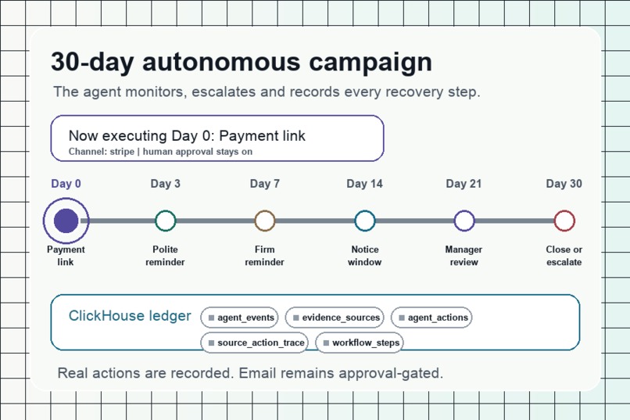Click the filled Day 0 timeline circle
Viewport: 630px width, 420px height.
point(66,221)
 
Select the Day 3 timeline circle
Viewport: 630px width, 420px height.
point(166,221)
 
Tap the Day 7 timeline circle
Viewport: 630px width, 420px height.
point(265,221)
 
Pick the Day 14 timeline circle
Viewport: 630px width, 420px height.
point(365,221)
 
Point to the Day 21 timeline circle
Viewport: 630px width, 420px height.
point(464,221)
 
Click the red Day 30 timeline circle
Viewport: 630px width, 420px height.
point(564,221)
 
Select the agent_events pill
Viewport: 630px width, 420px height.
point(239,318)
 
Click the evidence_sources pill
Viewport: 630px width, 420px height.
point(335,318)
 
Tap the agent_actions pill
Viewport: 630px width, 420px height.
point(431,318)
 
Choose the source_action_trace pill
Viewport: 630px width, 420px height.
point(254,343)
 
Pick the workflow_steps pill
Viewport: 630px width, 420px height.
point(360,343)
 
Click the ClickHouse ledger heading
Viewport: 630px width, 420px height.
point(130,316)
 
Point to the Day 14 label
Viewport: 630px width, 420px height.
point(365,184)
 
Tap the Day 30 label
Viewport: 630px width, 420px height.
point(564,184)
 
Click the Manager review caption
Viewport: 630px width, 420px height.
point(464,256)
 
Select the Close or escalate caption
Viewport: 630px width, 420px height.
point(564,256)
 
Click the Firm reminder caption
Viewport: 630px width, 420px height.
point(265,256)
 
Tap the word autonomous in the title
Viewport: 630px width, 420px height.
point(221,63)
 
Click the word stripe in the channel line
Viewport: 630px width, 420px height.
point(122,152)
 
